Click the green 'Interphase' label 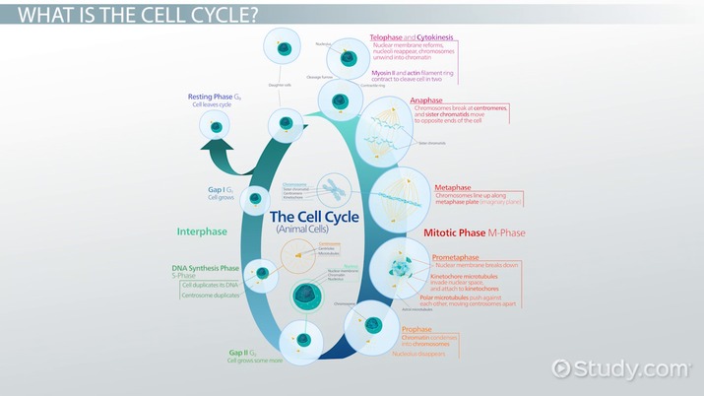pos(202,232)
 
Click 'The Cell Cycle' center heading pos(315,218)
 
